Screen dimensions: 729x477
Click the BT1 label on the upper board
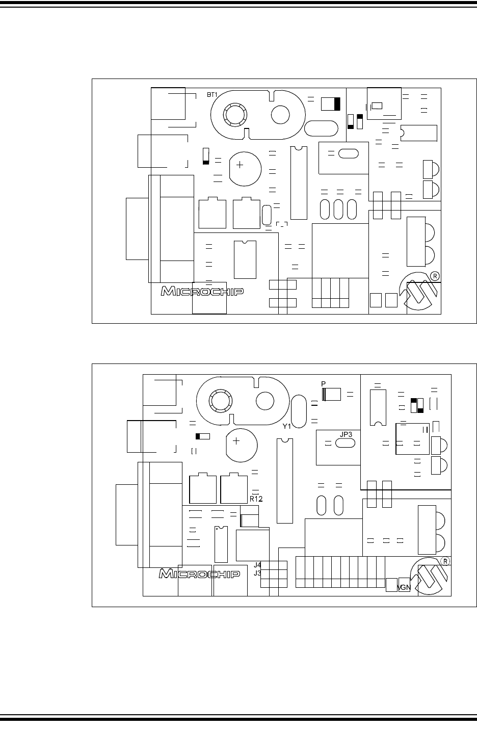[x=212, y=95]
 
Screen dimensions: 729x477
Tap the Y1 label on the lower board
[x=287, y=426]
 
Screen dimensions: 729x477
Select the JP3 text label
[x=346, y=433]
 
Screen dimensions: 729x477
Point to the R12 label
[x=256, y=499]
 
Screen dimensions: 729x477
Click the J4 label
[x=257, y=565]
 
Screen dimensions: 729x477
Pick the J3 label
[x=257, y=572]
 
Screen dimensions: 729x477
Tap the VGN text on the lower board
[x=404, y=588]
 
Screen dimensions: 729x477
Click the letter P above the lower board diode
[x=323, y=383]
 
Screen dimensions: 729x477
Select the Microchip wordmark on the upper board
[x=202, y=292]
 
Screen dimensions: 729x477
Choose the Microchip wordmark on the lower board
[x=200, y=575]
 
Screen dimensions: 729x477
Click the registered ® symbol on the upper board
[x=435, y=275]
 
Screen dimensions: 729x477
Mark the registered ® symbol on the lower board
[x=445, y=561]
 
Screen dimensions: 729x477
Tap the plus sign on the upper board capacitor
[x=240, y=166]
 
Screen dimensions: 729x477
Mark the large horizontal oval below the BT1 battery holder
[x=321, y=127]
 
